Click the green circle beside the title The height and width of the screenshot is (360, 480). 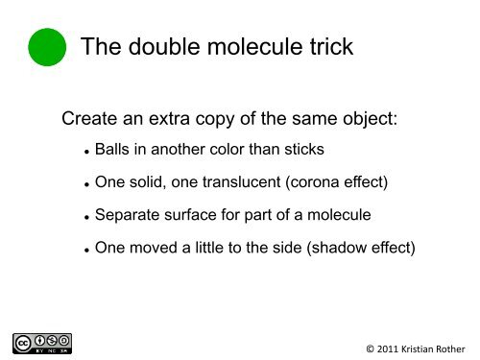click(x=47, y=46)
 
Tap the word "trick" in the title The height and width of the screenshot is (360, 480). click(x=328, y=46)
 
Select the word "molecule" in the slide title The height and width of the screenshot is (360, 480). click(x=258, y=46)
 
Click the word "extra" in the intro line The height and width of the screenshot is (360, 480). click(x=172, y=121)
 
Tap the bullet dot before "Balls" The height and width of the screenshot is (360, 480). click(x=86, y=152)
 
